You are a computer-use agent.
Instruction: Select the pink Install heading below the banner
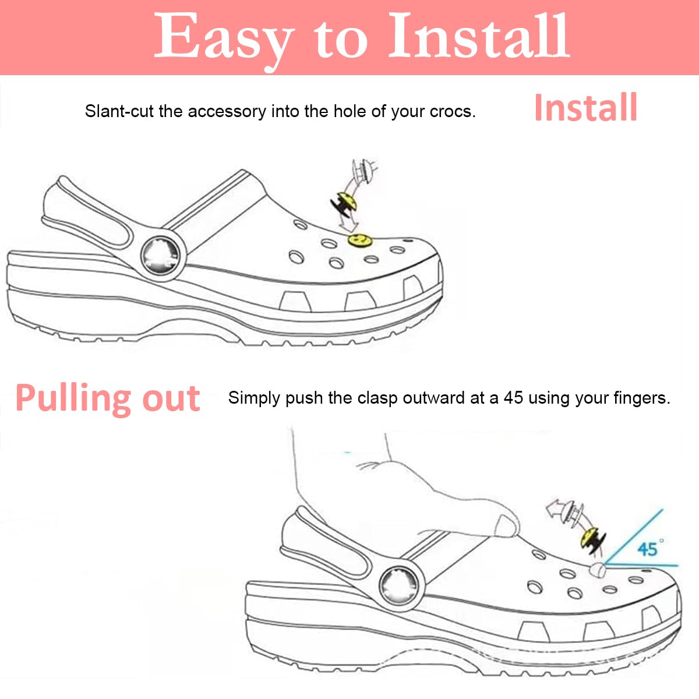585,108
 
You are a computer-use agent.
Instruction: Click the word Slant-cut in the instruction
119,111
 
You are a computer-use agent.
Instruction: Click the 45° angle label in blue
648,548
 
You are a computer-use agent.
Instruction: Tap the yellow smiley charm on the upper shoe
359,239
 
